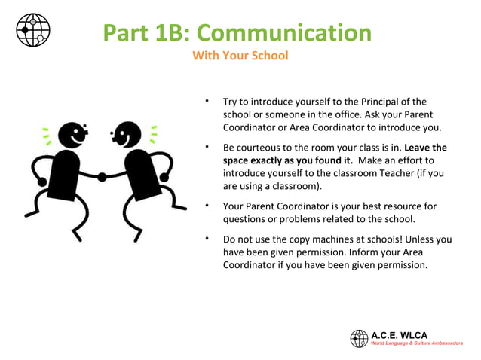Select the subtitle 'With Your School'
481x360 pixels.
point(240,56)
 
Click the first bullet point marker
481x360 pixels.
point(204,101)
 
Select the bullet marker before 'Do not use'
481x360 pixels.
point(204,239)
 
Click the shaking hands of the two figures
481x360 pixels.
point(102,177)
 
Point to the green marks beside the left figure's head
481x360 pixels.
point(46,136)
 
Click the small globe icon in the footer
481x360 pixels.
point(359,338)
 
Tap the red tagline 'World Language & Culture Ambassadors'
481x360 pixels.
point(416,343)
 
